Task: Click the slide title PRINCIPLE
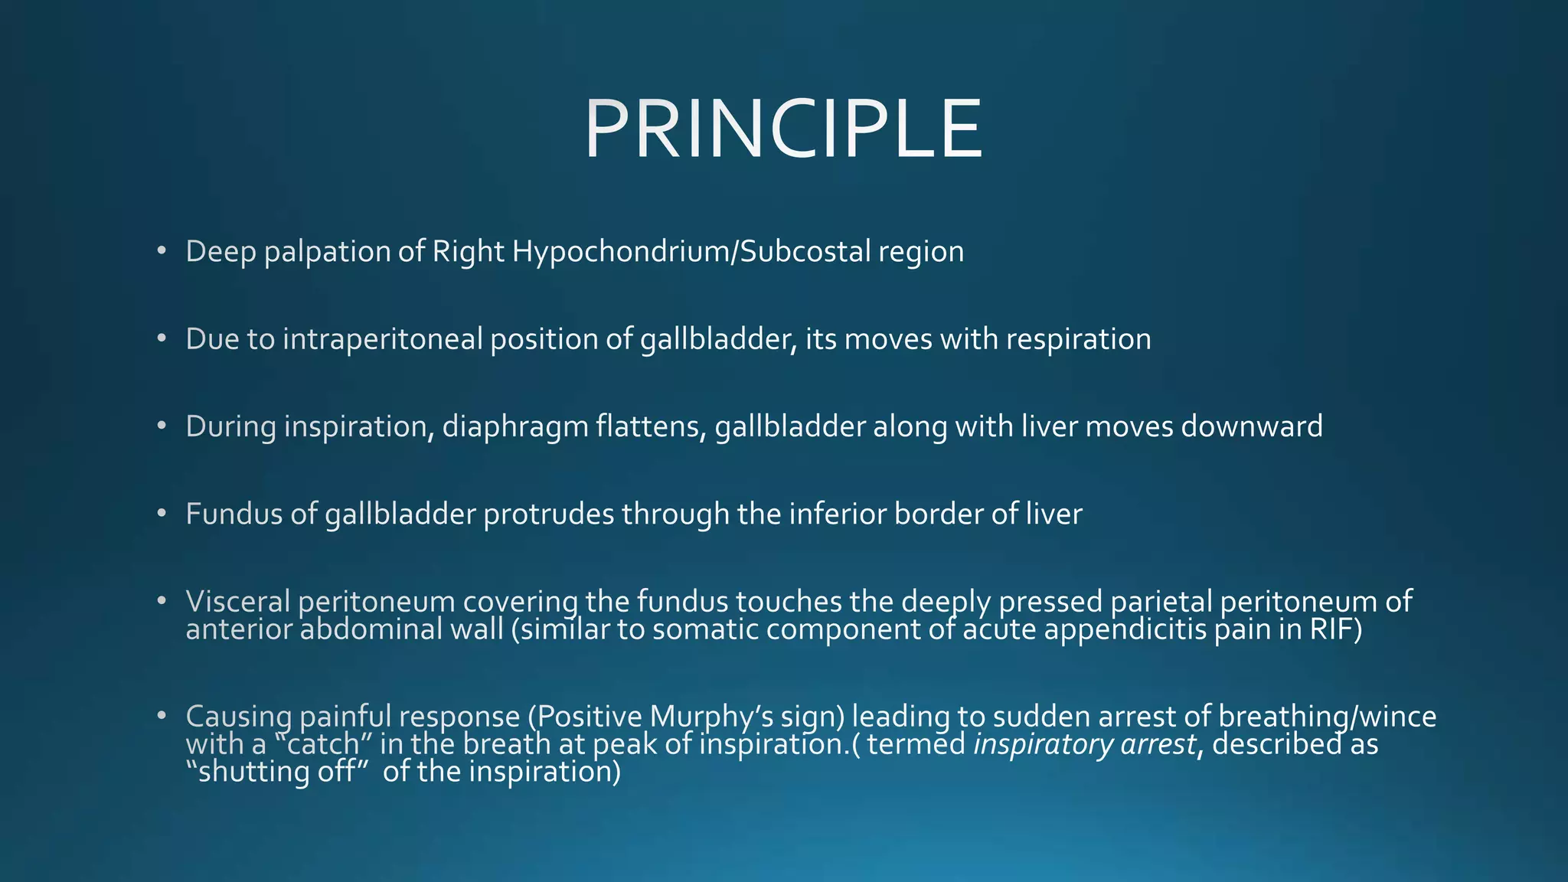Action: coord(783,130)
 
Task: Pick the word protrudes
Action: coord(548,514)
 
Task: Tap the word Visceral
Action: coord(237,601)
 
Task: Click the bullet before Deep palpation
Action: coord(161,251)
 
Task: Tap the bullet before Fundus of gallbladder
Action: coord(161,513)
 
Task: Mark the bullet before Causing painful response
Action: coord(161,716)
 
